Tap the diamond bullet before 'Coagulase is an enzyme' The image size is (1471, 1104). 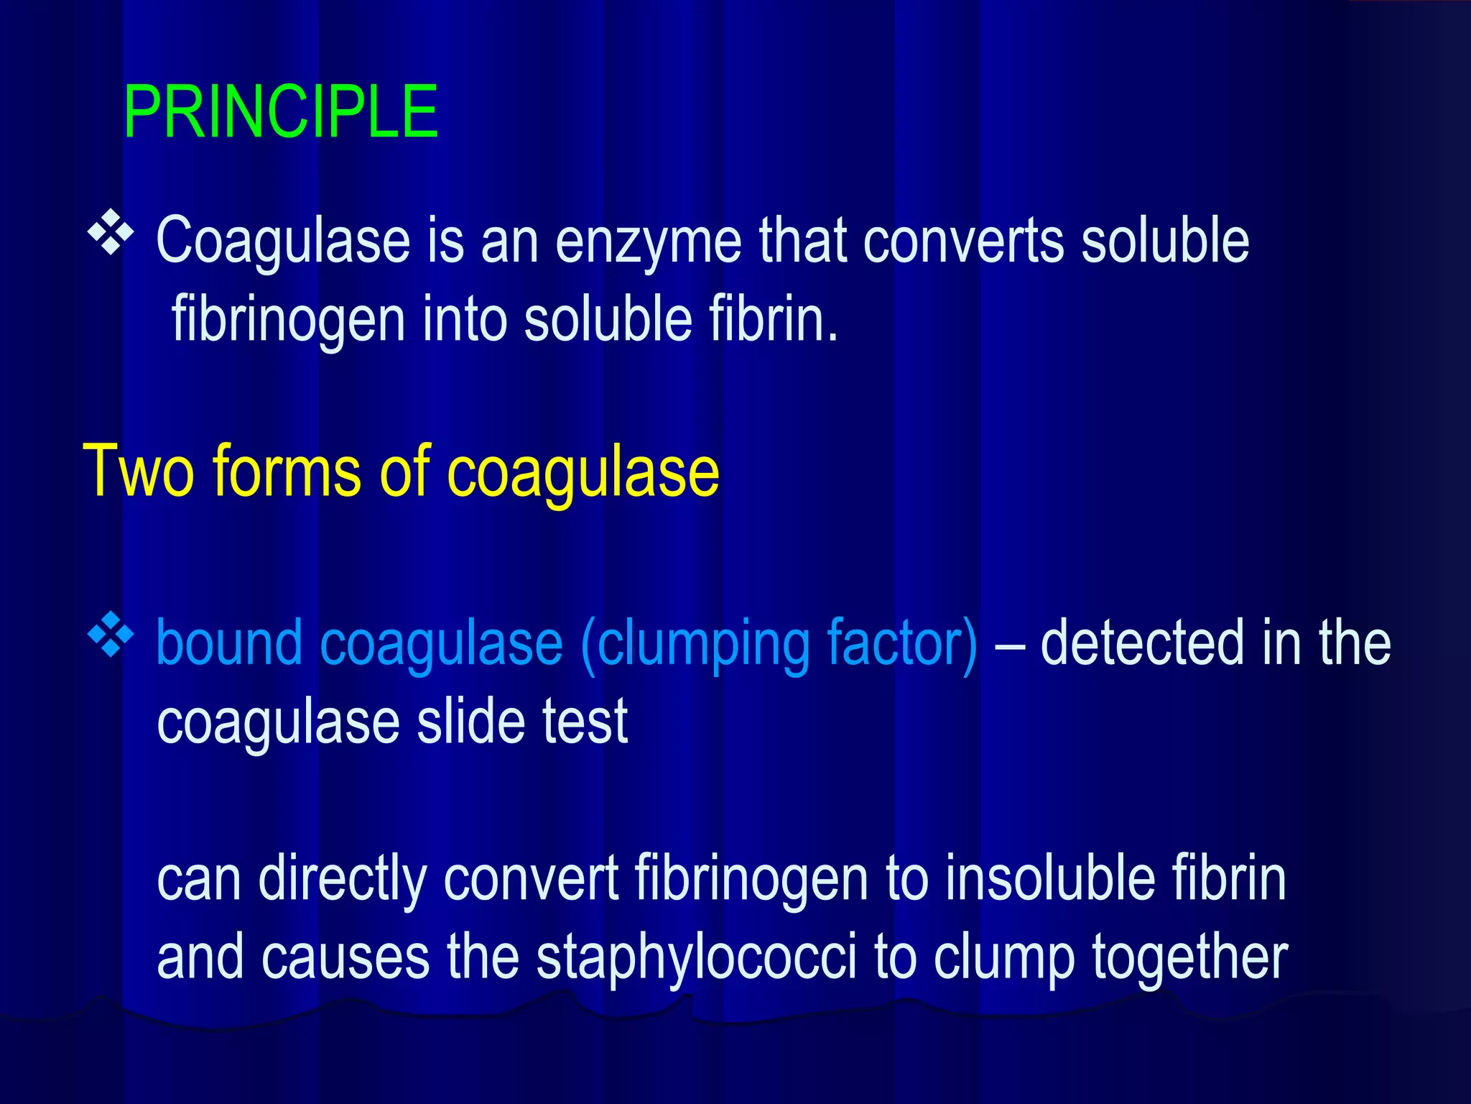coord(111,233)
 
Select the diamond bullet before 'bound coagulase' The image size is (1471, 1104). coord(111,634)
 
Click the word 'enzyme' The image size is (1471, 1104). coord(649,243)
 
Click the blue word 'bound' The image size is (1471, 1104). coord(229,643)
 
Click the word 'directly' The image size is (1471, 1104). coord(343,880)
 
